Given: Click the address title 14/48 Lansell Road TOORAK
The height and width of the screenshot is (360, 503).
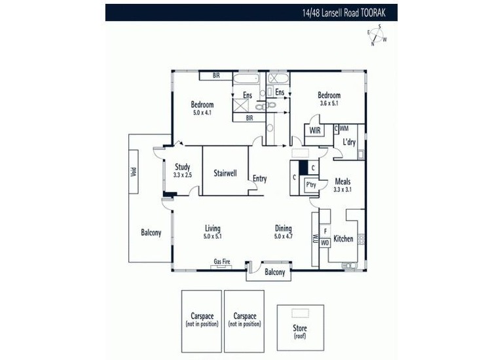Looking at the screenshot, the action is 344,13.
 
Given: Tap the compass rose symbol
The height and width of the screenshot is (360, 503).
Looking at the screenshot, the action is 377,35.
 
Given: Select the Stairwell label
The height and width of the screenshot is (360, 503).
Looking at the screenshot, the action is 225,173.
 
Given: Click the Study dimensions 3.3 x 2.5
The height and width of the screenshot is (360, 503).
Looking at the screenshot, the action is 183,175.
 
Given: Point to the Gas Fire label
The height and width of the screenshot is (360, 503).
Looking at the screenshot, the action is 222,262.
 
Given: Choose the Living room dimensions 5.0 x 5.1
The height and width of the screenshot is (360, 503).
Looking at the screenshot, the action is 212,236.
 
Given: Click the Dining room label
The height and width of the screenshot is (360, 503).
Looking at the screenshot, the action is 283,228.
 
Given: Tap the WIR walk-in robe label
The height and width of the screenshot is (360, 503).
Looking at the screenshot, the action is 315,130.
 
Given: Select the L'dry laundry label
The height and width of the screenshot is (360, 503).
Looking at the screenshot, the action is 349,141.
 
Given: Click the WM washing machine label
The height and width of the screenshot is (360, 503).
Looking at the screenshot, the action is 344,128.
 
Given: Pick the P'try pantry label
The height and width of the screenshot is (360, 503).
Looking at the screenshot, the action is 311,185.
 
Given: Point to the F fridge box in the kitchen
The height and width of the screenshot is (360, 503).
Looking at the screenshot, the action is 326,231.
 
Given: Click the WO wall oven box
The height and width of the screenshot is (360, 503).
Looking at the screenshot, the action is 325,243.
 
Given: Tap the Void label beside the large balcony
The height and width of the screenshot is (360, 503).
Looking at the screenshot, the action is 134,172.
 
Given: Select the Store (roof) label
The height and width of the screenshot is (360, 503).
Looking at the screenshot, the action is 300,331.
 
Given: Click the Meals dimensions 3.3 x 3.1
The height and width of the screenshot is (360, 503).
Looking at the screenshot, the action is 343,189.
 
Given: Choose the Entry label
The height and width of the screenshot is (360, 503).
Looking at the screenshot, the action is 260,179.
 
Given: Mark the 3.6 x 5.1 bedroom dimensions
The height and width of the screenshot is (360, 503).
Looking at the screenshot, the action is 329,103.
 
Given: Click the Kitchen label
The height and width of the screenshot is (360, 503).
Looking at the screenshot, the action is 343,238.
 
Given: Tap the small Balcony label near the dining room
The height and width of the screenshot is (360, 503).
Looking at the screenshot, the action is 275,272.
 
